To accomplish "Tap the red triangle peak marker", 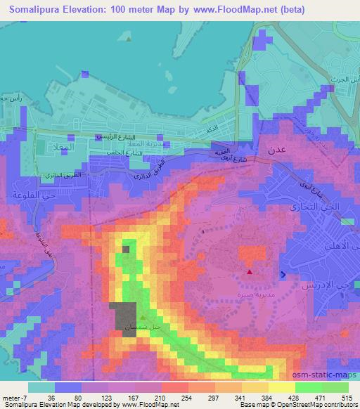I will (249, 271).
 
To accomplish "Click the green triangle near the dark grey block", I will (142, 317).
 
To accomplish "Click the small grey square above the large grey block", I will (126, 249).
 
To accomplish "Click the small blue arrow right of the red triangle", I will (283, 274).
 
